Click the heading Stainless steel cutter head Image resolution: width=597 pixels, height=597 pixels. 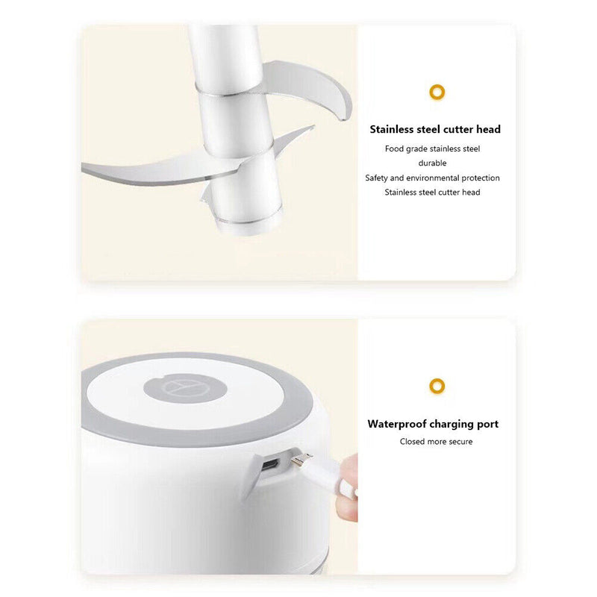point(435,129)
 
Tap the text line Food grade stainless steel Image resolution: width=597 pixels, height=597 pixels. point(432,149)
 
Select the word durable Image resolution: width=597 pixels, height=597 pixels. point(432,163)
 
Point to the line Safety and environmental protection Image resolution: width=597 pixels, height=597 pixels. point(432,178)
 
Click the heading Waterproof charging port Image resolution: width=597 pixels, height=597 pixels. point(433,424)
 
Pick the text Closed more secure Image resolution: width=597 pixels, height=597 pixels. point(436,442)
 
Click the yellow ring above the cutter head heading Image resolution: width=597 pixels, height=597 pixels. point(437,92)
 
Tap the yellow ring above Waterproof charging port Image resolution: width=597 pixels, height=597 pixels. point(437,386)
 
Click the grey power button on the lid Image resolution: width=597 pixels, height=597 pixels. point(185,388)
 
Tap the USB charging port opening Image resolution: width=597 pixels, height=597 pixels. point(270,465)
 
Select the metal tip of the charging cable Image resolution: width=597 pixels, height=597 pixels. point(301,459)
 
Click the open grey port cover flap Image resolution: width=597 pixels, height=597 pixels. point(251,477)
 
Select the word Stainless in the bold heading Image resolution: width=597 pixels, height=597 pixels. point(391,129)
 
